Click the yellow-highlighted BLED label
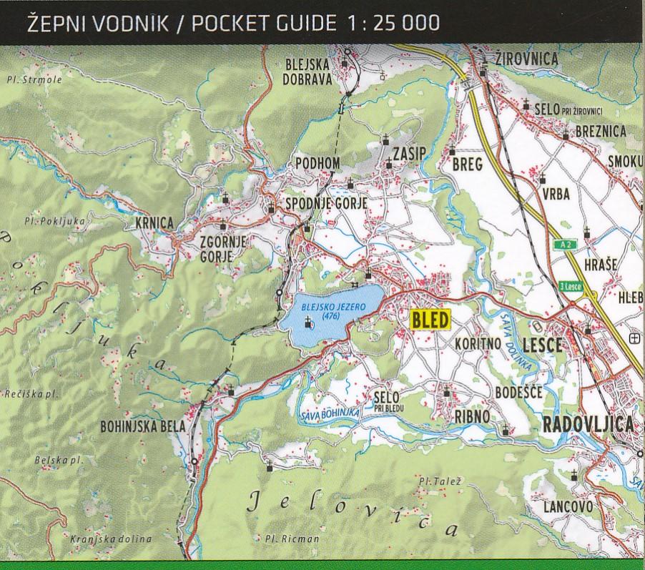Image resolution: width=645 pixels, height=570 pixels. click(430, 320)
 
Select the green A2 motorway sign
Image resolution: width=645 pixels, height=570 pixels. click(567, 245)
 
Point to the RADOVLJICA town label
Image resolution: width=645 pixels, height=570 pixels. click(589, 424)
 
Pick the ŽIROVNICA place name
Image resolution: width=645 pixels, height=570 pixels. click(526, 59)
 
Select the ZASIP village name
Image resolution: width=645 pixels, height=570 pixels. click(409, 154)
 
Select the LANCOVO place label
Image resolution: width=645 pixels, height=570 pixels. click(568, 507)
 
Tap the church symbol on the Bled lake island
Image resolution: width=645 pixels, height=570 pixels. click(308, 323)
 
